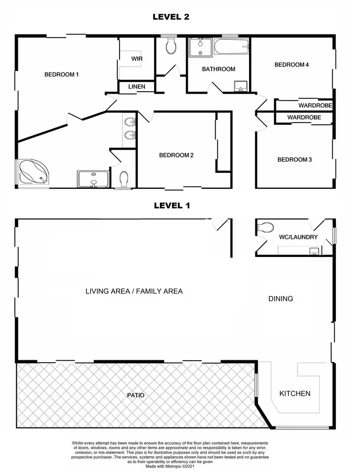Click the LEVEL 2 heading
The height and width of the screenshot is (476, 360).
171,17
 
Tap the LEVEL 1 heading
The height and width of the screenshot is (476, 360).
172,206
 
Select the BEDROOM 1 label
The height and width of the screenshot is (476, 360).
61,74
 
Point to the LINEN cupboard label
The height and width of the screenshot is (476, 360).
137,87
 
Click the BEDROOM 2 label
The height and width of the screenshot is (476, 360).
176,155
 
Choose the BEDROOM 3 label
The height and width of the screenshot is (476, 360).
295,159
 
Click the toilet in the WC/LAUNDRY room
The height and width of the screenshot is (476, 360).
265,228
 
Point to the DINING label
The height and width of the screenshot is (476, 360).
280,299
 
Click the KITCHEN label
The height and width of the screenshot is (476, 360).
295,393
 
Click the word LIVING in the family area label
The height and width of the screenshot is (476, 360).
98,291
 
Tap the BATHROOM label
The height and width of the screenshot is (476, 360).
218,69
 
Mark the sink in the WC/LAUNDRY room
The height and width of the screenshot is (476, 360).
314,250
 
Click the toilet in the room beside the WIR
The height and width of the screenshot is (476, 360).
170,47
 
